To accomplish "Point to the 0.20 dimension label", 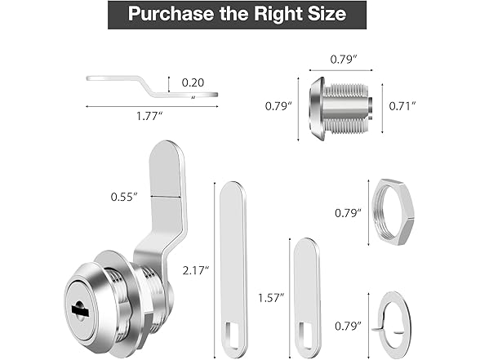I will [x=193, y=82].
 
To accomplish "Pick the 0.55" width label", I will [x=125, y=196].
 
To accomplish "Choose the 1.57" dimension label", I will [x=270, y=298].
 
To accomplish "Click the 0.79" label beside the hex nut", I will [x=347, y=212].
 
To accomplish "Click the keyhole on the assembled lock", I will [x=82, y=310].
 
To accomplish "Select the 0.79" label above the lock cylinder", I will [x=340, y=58].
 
